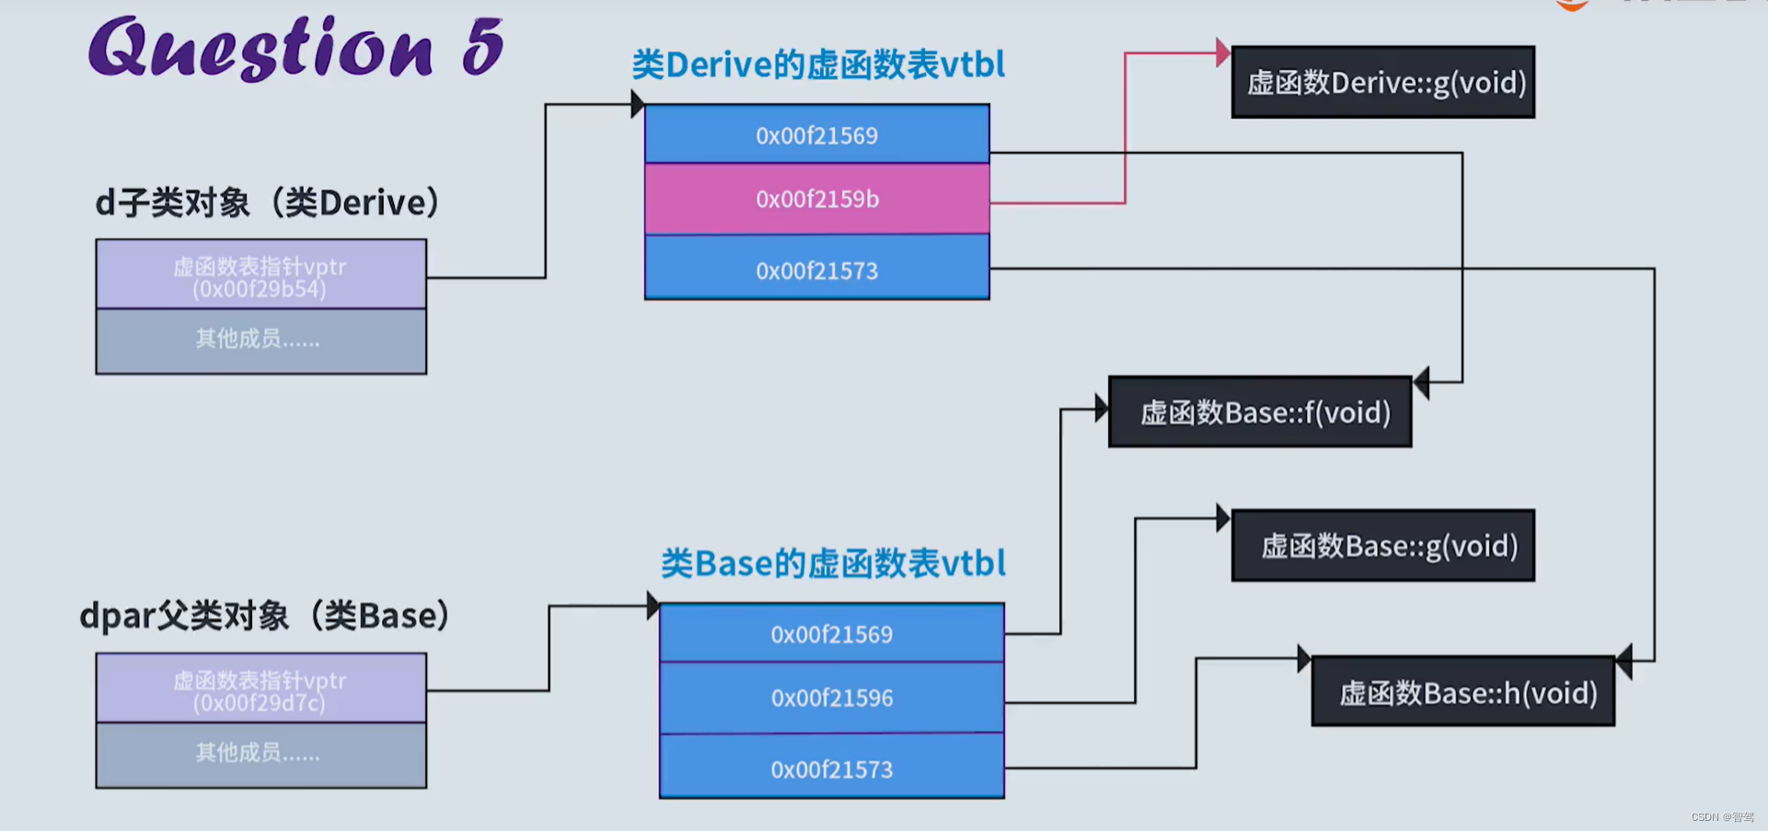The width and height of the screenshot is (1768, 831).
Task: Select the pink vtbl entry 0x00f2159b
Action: (816, 199)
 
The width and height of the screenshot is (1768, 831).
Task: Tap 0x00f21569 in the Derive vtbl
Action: (816, 135)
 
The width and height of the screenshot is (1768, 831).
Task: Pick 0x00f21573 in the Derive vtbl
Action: (816, 270)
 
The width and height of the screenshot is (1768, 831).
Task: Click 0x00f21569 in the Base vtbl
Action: (831, 634)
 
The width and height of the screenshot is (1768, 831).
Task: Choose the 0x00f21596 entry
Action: (831, 698)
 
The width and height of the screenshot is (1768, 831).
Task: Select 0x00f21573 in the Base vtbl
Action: (831, 768)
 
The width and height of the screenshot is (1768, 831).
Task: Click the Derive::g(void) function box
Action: (1383, 83)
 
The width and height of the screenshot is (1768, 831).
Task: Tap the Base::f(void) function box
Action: (1260, 412)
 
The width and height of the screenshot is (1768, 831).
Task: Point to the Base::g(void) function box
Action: (1383, 546)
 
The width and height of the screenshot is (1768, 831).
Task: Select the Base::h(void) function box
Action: (1463, 692)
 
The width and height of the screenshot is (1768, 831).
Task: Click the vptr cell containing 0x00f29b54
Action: (260, 275)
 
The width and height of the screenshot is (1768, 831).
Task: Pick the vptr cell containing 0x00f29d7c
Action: (260, 689)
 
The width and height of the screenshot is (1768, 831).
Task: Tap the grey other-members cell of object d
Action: (260, 340)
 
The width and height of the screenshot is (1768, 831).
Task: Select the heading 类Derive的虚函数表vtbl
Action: (818, 64)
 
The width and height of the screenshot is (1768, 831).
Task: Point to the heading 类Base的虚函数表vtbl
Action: (833, 563)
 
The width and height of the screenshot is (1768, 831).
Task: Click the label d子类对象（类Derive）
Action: (268, 202)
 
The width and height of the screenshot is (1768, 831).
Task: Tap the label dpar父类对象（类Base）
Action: (265, 616)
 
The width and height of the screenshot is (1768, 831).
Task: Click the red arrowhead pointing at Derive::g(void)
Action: (1222, 52)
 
